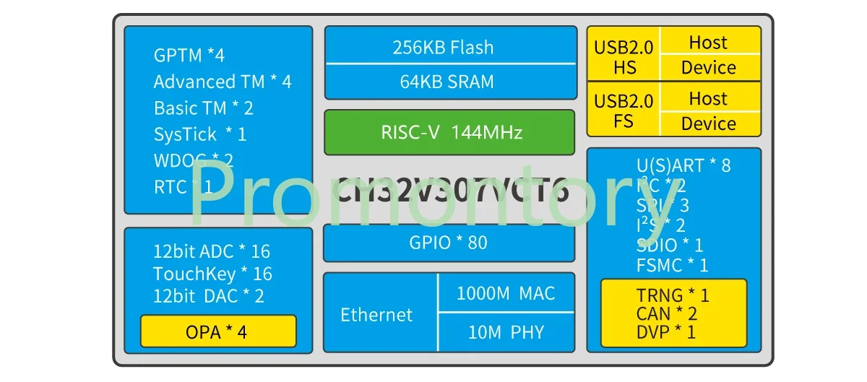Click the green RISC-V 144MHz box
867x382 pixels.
[449, 132]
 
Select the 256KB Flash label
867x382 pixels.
[443, 48]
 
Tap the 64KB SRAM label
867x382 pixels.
[447, 82]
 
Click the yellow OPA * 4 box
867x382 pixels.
[217, 331]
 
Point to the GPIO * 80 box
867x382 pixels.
[448, 243]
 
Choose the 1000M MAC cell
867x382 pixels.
[505, 294]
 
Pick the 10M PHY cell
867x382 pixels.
[505, 332]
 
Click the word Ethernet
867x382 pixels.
[376, 315]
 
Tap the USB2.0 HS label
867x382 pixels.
[624, 57]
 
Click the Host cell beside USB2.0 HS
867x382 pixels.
[708, 42]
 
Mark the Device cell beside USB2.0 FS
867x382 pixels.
[708, 123]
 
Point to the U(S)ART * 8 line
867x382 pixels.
[683, 165]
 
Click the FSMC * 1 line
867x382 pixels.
[672, 265]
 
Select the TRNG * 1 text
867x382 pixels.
[673, 295]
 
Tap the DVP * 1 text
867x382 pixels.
[665, 332]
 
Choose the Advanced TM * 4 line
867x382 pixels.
[223, 82]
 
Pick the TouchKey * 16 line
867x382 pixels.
[212, 274]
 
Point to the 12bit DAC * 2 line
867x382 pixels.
[208, 295]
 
